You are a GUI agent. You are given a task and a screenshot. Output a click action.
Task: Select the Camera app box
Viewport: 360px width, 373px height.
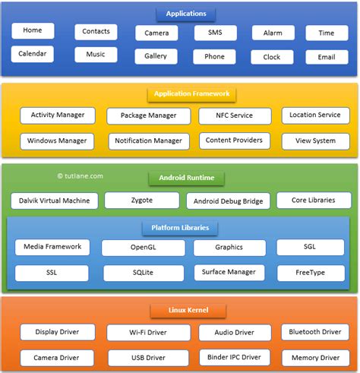coord(156,33)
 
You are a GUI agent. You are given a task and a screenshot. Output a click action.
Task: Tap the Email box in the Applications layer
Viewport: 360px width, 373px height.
coord(327,57)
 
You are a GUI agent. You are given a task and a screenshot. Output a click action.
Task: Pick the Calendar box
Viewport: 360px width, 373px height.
coord(33,54)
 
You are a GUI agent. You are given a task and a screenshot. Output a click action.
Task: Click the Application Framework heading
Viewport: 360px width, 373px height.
coord(191,94)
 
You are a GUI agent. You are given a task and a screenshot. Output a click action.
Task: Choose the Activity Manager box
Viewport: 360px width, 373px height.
coord(58,115)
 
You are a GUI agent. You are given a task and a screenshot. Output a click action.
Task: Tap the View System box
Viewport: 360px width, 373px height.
coord(314,141)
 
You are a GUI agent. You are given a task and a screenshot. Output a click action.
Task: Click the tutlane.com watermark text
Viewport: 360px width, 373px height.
coord(80,175)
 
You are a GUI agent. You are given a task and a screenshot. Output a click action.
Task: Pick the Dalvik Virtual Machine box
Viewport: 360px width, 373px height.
coord(55,201)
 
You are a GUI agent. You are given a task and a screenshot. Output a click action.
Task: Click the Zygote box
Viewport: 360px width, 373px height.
coord(142,200)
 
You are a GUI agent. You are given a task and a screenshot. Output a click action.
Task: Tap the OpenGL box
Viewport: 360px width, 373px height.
coord(143,248)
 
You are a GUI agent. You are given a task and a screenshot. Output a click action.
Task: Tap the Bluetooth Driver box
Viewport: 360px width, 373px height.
coord(314,332)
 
